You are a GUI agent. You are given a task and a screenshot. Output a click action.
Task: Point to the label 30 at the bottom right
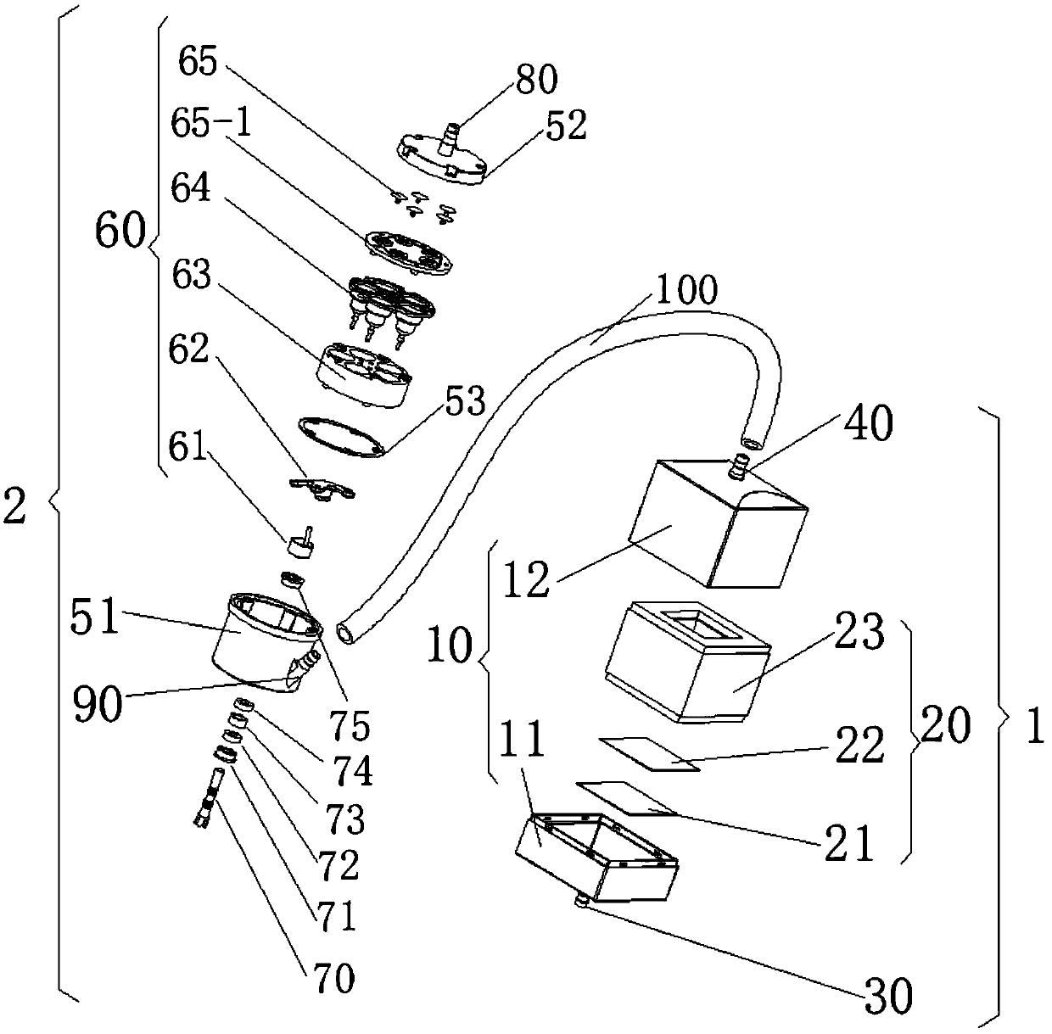coord(887,993)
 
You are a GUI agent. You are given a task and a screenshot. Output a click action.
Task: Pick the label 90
coord(98,705)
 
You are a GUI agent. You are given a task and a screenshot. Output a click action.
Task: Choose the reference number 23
coord(859,632)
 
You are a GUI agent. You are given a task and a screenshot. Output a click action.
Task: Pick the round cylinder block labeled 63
coord(365,374)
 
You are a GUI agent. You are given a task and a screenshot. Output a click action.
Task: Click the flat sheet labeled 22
coord(649,753)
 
